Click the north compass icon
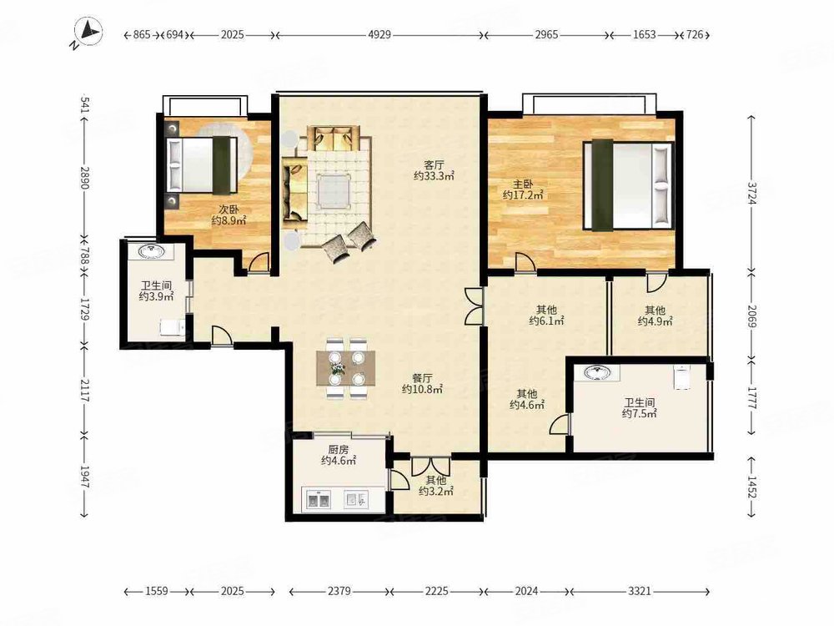(x=88, y=32)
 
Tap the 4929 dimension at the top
(x=379, y=34)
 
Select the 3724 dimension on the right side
(x=751, y=193)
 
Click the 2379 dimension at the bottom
(x=339, y=591)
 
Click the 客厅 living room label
(x=434, y=165)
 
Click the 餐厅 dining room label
(x=422, y=378)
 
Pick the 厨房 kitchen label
(x=339, y=449)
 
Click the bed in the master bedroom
(x=628, y=185)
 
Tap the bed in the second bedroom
(x=202, y=164)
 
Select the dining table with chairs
(x=346, y=368)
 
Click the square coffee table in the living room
(x=334, y=191)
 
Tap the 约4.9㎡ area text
(x=656, y=321)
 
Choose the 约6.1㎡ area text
(x=546, y=320)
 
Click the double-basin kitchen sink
(x=319, y=500)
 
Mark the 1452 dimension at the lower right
(x=751, y=487)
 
